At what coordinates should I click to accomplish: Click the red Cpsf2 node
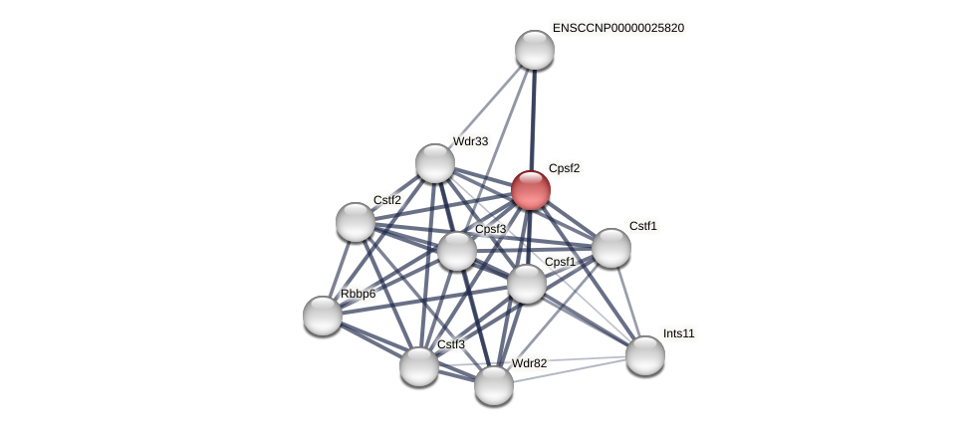click(x=531, y=190)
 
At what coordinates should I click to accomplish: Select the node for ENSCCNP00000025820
click(x=535, y=50)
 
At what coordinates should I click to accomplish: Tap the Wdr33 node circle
click(x=435, y=163)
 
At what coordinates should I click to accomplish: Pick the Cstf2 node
click(x=356, y=222)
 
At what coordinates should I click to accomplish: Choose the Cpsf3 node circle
click(x=457, y=251)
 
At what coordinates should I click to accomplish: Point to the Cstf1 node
click(x=611, y=248)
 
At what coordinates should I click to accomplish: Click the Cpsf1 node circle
click(x=527, y=284)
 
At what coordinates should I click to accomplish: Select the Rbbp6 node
click(x=323, y=316)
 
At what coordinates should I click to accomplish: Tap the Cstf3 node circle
click(x=419, y=366)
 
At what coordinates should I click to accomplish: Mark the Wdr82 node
click(x=494, y=385)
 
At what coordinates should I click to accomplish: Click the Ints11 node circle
click(x=645, y=355)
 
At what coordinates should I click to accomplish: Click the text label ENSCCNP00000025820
click(x=618, y=28)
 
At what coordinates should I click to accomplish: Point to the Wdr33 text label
click(x=470, y=141)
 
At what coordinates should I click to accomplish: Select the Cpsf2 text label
click(x=564, y=168)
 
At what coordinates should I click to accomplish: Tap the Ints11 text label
click(x=679, y=333)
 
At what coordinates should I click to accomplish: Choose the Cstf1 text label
click(x=642, y=226)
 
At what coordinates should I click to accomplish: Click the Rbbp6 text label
click(x=359, y=294)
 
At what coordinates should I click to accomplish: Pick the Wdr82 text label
click(x=529, y=363)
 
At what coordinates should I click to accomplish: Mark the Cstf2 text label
click(x=387, y=200)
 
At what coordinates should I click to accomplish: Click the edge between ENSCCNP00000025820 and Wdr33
click(x=485, y=107)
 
